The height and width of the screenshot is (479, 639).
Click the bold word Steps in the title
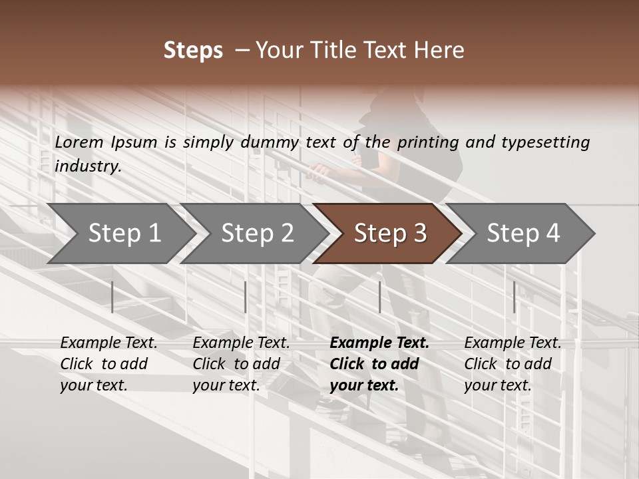193,51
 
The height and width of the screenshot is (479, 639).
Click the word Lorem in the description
79,142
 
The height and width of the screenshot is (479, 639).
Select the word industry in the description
87,166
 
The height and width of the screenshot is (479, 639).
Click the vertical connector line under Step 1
112,297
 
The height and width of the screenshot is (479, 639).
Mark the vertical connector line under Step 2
246,297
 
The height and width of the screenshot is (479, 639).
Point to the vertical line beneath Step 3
379,297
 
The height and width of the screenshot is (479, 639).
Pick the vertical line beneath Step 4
514,297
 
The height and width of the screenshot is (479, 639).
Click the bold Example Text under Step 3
379,343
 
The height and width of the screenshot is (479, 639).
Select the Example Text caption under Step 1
108,343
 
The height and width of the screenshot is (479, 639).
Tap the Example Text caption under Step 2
241,343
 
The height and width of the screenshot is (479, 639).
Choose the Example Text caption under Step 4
513,343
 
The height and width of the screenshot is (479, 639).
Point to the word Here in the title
440,51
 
